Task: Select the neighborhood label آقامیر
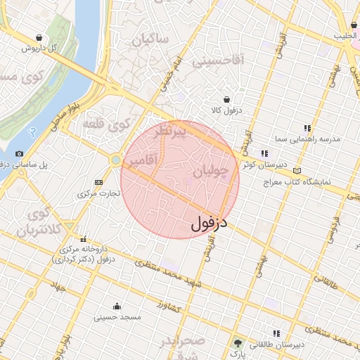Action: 142,162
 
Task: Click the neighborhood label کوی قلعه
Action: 106,124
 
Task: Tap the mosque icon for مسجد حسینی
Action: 117,306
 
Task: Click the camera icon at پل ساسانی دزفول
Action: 19,153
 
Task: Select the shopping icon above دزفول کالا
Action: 227,100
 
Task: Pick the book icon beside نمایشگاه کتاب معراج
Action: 298,170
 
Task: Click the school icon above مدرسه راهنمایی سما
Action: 307,128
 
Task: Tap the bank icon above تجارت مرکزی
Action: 98,182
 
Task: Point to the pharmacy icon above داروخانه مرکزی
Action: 84,239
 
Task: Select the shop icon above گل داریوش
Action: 38,37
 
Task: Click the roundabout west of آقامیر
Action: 115,161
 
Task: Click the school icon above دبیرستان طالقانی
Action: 277,333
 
